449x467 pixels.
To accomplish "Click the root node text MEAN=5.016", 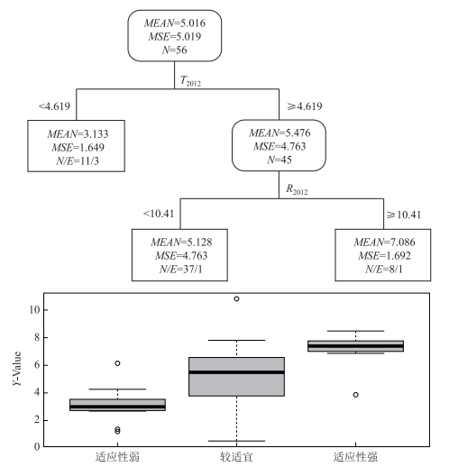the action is tap(175, 23).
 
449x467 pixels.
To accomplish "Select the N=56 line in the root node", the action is tap(175, 50).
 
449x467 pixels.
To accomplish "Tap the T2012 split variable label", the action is tap(190, 81).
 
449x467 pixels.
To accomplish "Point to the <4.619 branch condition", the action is tap(54, 106).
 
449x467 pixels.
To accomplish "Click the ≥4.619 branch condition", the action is tap(305, 106).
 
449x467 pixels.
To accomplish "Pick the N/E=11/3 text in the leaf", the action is tap(78, 161).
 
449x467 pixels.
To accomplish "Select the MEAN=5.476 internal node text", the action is tap(279, 133).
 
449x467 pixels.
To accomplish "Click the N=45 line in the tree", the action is tap(279, 160).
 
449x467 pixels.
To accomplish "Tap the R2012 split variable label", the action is tap(297, 189).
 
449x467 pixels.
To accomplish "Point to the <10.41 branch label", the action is tap(159, 214).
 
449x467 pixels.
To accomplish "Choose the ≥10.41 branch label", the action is tap(404, 215).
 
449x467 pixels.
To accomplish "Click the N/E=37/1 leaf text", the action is tap(181, 269).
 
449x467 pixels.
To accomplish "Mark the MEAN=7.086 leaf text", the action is tap(384, 242).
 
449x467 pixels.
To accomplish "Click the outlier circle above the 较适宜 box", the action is tap(236, 298).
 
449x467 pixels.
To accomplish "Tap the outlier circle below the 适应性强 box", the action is tap(355, 395).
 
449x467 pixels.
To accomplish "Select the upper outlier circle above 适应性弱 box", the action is tap(117, 363).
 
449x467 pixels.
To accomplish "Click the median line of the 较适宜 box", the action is tap(236, 372).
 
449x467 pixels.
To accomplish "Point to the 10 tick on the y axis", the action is tap(34, 309).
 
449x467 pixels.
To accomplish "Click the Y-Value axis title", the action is tap(17, 369).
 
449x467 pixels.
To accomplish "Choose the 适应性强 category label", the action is tap(355, 457).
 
